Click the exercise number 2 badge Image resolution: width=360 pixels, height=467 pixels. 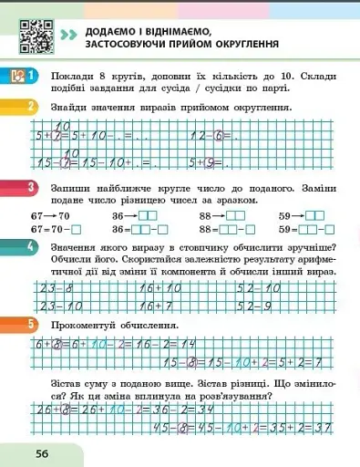click(x=31, y=107)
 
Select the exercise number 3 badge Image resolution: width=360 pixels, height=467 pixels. click(x=31, y=188)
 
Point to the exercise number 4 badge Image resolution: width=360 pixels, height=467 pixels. click(x=31, y=247)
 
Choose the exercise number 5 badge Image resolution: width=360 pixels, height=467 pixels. click(x=31, y=325)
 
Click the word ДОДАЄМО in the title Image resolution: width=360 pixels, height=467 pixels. click(x=112, y=32)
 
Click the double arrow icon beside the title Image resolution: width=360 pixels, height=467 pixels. click(x=68, y=36)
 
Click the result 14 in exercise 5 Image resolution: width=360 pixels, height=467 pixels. click(x=190, y=346)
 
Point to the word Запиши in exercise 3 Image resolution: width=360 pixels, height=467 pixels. click(x=70, y=188)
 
